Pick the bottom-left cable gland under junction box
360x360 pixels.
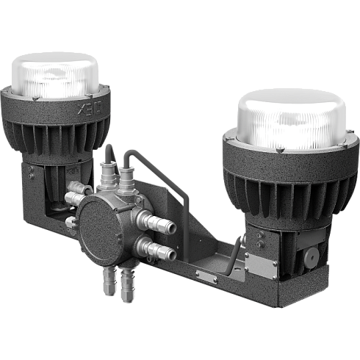(x=109, y=281)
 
